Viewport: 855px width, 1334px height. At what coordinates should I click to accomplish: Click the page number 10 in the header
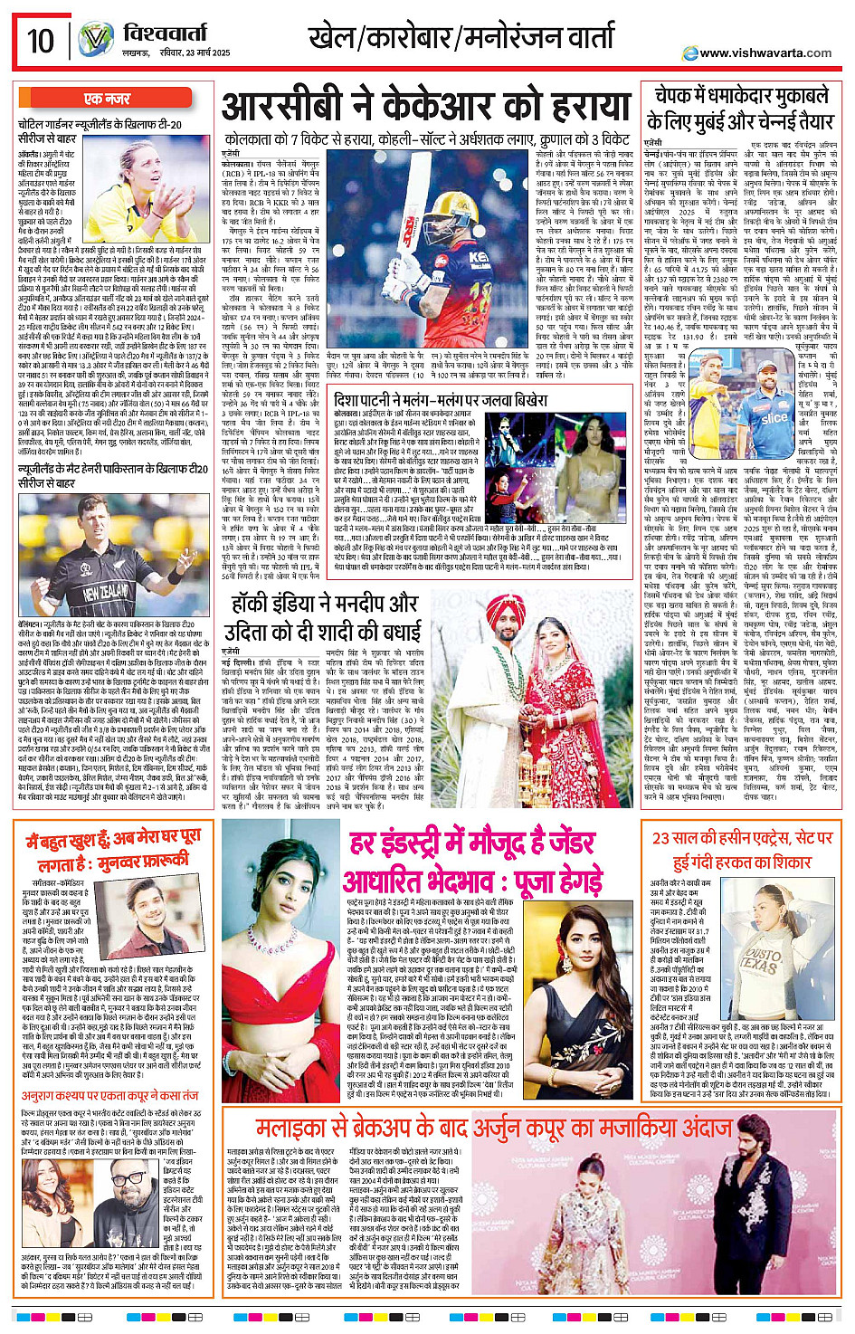(41, 41)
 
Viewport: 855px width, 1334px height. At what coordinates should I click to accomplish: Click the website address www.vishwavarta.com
(765, 53)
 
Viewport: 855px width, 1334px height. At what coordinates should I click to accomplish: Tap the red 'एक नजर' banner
(106, 99)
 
